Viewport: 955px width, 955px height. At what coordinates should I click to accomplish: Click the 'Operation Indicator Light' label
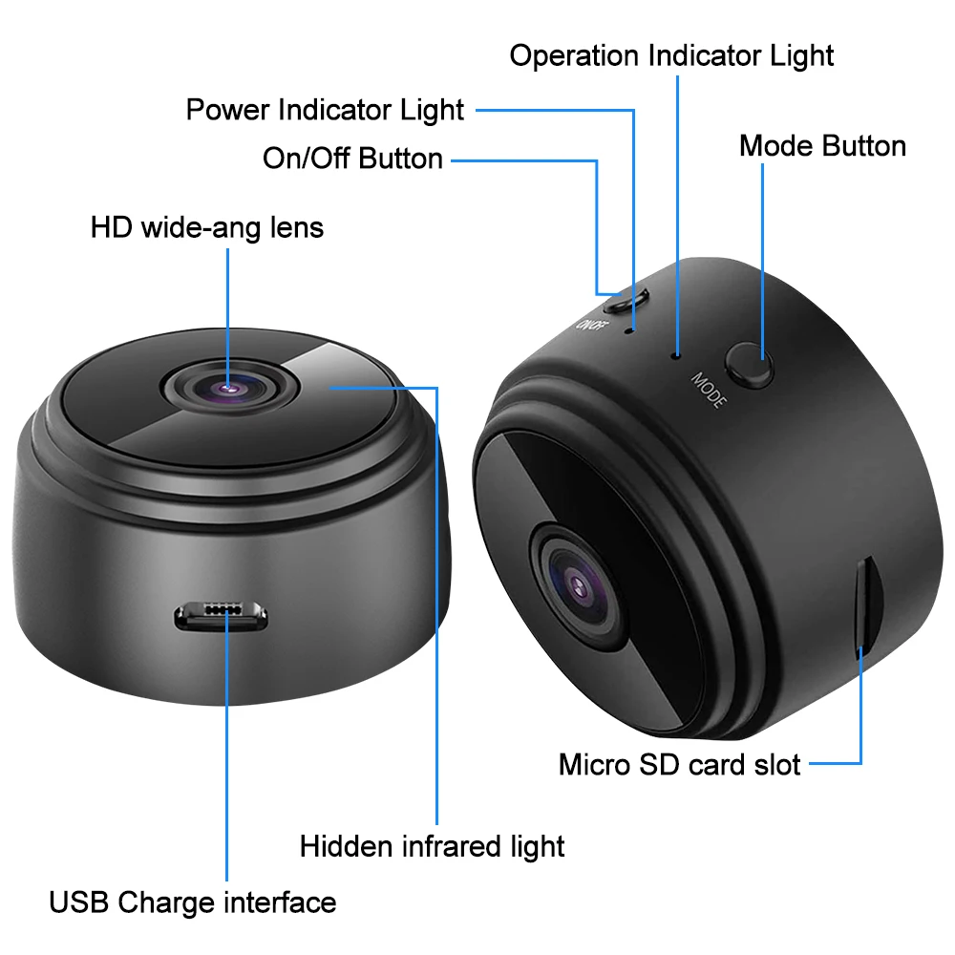(671, 55)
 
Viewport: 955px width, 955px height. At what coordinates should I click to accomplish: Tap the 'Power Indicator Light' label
(325, 110)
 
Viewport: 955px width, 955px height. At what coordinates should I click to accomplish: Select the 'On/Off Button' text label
(352, 159)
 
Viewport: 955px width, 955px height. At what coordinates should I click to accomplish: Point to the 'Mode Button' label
(822, 146)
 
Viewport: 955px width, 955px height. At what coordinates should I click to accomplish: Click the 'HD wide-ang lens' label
(207, 227)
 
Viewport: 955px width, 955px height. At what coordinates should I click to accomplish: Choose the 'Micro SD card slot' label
(679, 764)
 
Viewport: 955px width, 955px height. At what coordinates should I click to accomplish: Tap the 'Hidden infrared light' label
(432, 846)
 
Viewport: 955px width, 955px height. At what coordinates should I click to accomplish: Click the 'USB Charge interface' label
(193, 902)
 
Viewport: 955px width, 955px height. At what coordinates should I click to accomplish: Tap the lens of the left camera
(228, 387)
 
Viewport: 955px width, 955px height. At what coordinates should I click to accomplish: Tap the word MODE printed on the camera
(710, 390)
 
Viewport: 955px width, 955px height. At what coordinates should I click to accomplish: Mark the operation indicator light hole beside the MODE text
(676, 354)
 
